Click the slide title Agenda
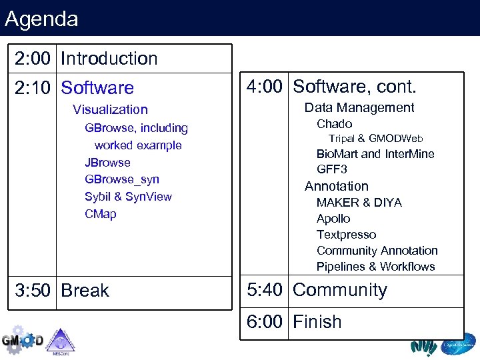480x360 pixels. [x=41, y=18]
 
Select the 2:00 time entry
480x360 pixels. [x=33, y=59]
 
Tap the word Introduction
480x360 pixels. [x=109, y=59]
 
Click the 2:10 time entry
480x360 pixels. [x=33, y=88]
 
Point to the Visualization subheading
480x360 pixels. [x=110, y=109]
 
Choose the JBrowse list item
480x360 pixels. [x=107, y=163]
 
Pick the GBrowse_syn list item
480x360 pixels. [x=122, y=179]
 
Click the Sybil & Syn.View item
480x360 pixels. [x=128, y=197]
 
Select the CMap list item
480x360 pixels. [x=100, y=214]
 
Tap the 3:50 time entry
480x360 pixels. [x=33, y=291]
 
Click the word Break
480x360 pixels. [x=85, y=291]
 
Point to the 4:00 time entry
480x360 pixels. [x=265, y=87]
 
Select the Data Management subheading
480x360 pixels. [x=359, y=108]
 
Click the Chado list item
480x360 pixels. [x=334, y=124]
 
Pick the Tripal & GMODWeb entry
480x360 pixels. [x=376, y=139]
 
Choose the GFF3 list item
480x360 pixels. [x=331, y=169]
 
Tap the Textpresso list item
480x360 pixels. [x=346, y=235]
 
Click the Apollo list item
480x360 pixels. [x=333, y=219]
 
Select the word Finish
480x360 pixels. [x=317, y=322]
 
